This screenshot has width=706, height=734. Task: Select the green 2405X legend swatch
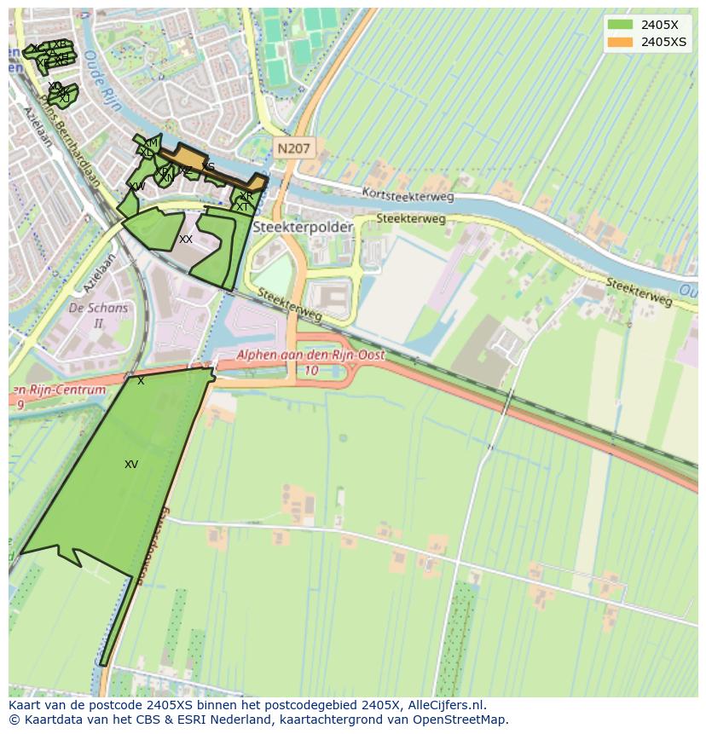click(x=620, y=25)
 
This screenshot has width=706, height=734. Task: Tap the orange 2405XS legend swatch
click(x=620, y=42)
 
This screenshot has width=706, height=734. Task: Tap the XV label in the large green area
click(x=131, y=465)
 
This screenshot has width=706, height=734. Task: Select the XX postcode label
click(x=186, y=240)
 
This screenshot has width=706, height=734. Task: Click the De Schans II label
click(x=98, y=315)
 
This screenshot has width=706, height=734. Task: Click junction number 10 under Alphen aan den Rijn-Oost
click(x=312, y=370)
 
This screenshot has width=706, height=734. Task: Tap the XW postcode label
click(x=136, y=186)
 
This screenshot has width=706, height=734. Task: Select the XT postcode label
click(x=243, y=207)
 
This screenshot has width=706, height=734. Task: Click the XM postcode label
click(x=151, y=142)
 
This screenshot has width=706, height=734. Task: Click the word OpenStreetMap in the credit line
click(x=465, y=720)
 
